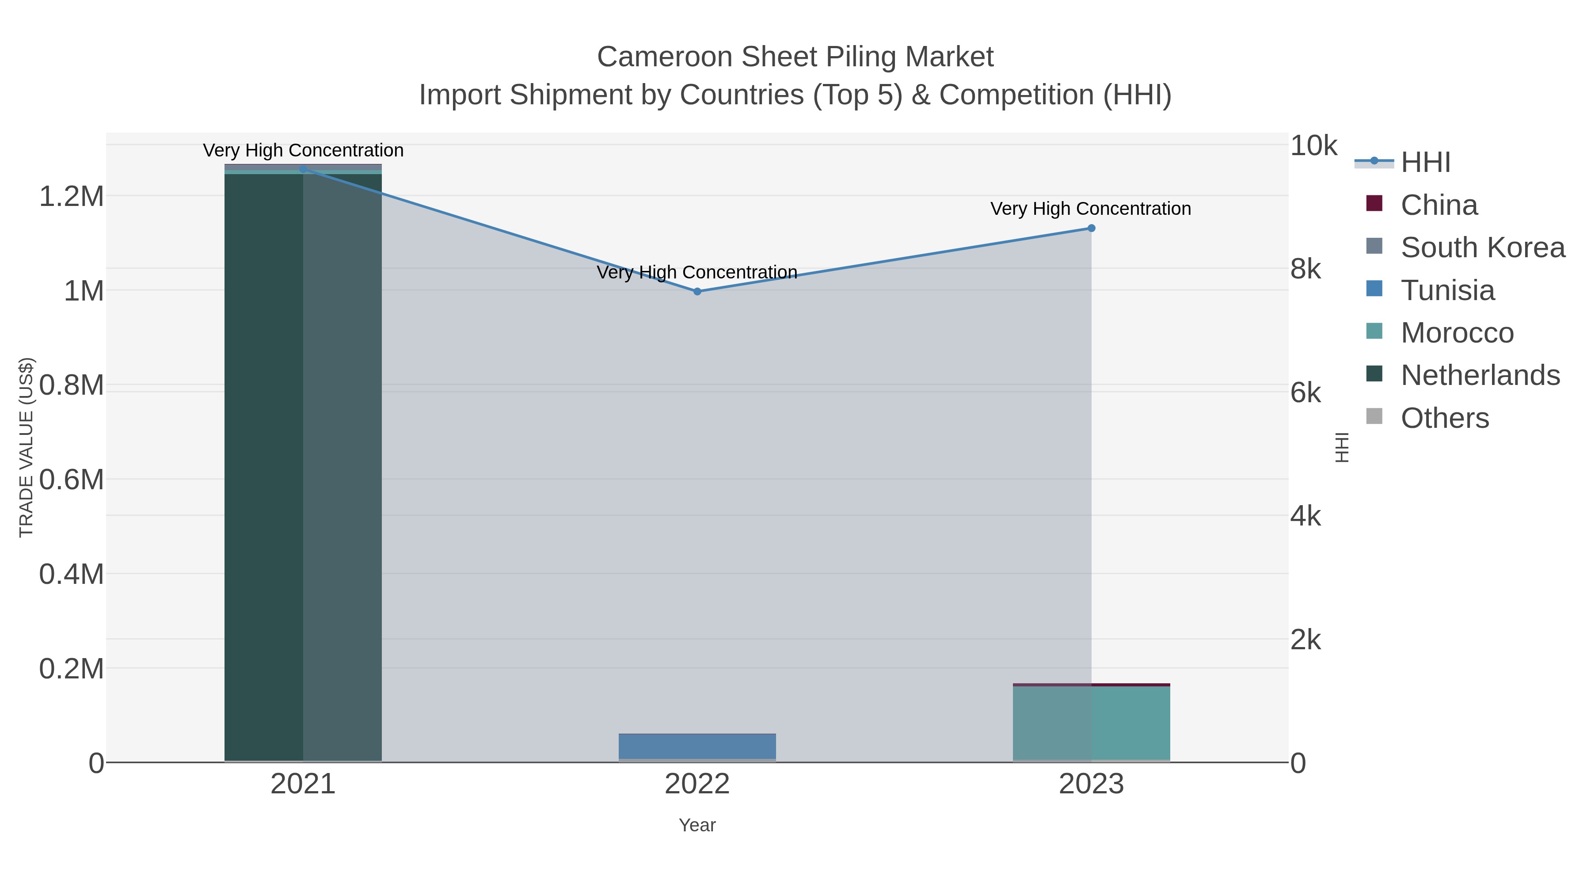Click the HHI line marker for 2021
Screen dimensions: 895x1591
(x=303, y=169)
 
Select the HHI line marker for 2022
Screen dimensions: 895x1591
(x=697, y=292)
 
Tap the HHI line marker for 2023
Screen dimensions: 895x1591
(x=1091, y=228)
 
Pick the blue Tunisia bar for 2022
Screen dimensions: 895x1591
(x=697, y=746)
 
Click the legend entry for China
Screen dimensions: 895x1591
(x=1439, y=205)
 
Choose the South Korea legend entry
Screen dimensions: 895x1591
(x=1482, y=248)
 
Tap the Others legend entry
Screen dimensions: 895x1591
(x=1444, y=418)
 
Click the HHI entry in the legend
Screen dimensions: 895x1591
(x=1425, y=163)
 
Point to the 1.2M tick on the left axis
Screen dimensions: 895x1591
(x=72, y=196)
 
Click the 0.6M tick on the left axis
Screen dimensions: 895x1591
(x=72, y=479)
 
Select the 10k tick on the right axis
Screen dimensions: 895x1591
(x=1313, y=146)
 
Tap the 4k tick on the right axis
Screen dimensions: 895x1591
(x=1305, y=516)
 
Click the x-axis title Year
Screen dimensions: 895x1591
(x=697, y=825)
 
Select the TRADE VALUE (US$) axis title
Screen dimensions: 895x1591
(x=26, y=447)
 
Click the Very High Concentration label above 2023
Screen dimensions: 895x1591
(x=1091, y=209)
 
